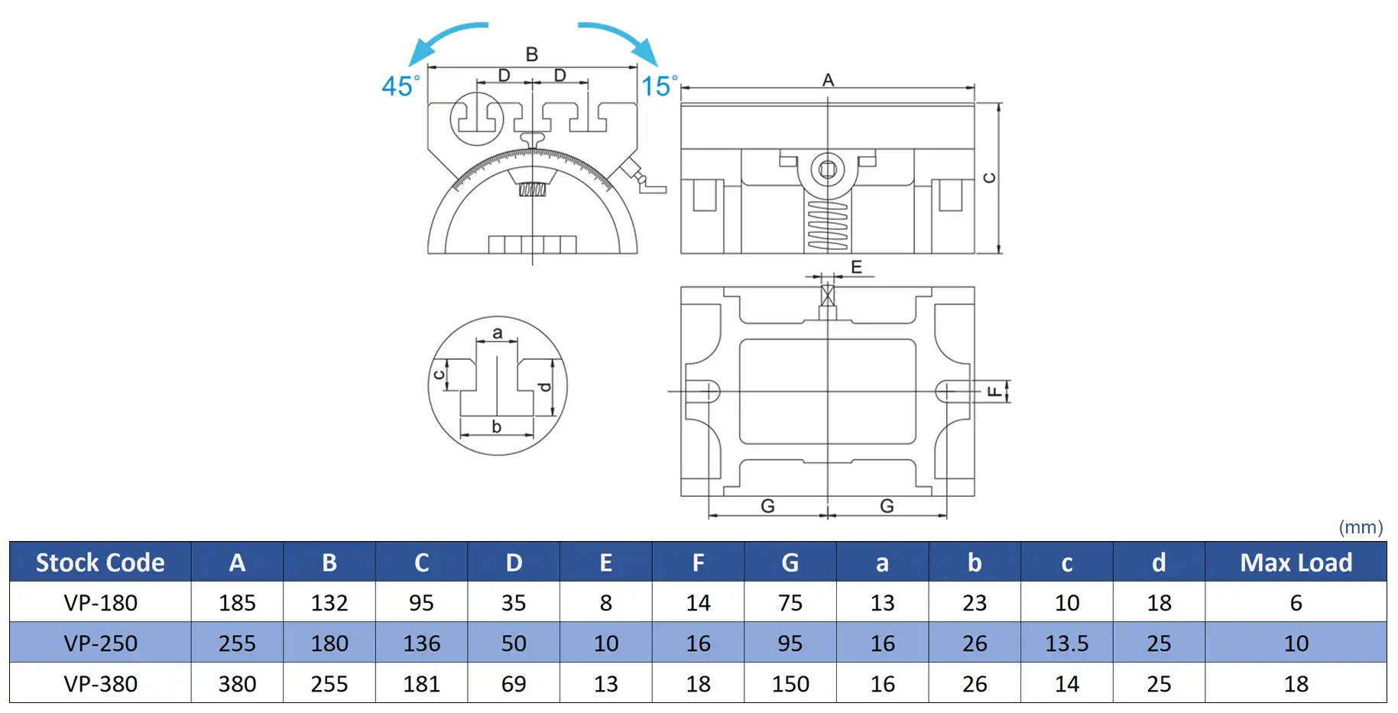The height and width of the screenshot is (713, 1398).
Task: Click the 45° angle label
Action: (x=401, y=86)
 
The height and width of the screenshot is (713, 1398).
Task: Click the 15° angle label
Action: (x=660, y=86)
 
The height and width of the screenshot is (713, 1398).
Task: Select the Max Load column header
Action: (x=1296, y=562)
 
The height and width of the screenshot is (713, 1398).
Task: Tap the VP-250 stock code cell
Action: (x=100, y=643)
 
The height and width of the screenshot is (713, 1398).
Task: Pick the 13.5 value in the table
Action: (x=1066, y=643)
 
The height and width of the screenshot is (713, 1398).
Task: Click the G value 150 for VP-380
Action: (x=790, y=684)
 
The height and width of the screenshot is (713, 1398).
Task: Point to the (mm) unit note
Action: (x=1361, y=527)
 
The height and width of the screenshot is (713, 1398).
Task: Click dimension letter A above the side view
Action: (x=828, y=79)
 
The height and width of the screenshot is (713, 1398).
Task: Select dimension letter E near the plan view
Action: (x=856, y=267)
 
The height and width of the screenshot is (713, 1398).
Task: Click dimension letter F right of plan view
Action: (x=994, y=391)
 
